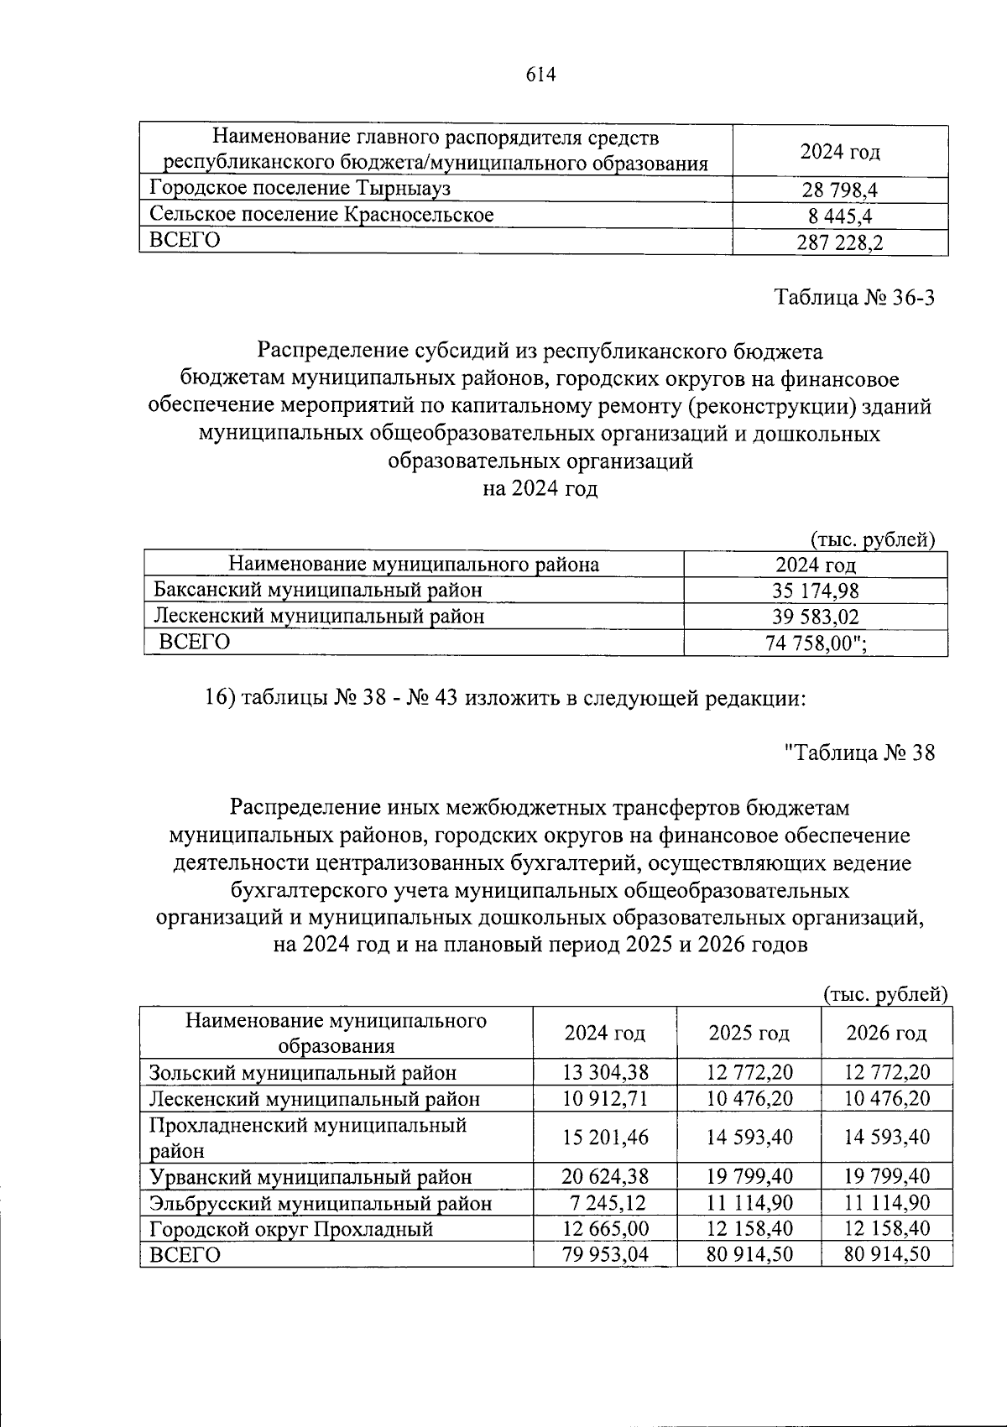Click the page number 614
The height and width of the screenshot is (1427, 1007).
click(x=541, y=75)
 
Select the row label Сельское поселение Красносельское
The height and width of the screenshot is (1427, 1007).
click(x=321, y=215)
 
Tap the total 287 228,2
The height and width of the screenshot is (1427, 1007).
click(x=840, y=243)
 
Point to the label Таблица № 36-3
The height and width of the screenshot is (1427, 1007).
click(x=853, y=298)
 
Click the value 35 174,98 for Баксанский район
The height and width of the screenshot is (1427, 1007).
click(x=815, y=591)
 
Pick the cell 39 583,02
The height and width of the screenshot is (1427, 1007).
click(x=815, y=617)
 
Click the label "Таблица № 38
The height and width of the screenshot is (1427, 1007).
click(x=858, y=753)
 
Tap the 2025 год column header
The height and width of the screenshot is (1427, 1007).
click(x=749, y=1033)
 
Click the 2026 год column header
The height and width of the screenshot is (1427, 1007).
click(x=886, y=1033)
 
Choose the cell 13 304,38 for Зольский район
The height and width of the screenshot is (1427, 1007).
click(x=605, y=1071)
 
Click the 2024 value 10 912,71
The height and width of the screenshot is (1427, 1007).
click(x=605, y=1098)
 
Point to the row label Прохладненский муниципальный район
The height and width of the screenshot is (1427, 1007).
click(x=307, y=1137)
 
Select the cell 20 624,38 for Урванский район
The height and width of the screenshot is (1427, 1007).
click(x=605, y=1177)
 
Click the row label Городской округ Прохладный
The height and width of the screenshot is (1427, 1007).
click(x=291, y=1230)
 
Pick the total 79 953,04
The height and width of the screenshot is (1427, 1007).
click(x=605, y=1255)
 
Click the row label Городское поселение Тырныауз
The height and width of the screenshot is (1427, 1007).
click(x=300, y=188)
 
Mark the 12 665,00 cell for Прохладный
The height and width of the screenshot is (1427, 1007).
click(x=605, y=1229)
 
